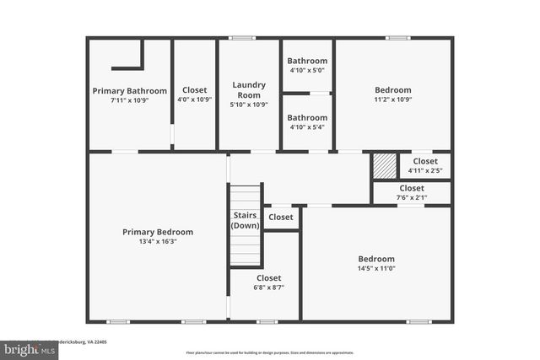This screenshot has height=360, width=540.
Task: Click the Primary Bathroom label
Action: (x=129, y=90)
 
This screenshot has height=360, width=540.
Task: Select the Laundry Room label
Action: (x=249, y=89)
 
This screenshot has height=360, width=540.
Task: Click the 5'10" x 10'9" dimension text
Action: (x=249, y=105)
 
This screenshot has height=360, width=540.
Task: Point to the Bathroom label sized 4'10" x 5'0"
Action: (x=306, y=61)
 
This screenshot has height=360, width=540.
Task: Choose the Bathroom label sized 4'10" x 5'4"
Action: (x=306, y=117)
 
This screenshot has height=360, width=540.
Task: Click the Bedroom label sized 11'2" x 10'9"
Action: (x=393, y=90)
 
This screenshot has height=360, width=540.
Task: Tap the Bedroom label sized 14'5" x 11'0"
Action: (x=376, y=259)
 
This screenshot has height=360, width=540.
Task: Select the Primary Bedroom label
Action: (x=158, y=232)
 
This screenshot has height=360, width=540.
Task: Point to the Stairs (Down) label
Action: (x=246, y=220)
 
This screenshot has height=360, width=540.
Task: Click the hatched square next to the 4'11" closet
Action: (x=385, y=164)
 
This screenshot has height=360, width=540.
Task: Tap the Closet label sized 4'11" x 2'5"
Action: (x=424, y=161)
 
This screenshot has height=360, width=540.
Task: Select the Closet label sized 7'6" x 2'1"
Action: (x=412, y=188)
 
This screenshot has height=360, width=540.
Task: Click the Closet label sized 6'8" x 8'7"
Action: (x=268, y=277)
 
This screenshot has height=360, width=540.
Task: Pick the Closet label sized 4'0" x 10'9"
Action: (x=195, y=90)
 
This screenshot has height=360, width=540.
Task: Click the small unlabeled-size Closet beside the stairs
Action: (x=281, y=218)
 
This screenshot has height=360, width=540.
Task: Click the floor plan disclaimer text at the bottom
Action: (x=270, y=352)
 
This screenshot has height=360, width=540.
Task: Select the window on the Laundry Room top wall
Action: (x=243, y=37)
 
